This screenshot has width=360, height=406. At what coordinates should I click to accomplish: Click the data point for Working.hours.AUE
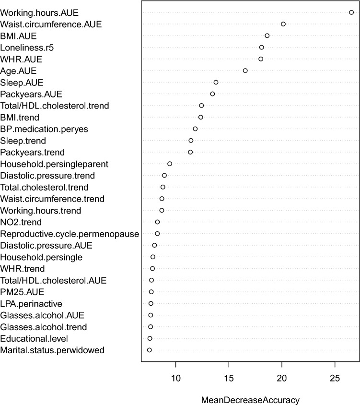coord(351,12)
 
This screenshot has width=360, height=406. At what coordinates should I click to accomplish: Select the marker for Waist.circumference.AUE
coord(283,24)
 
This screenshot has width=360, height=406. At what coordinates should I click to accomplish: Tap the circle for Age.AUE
coord(245,71)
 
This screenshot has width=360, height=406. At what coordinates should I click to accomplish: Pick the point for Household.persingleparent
coord(170,164)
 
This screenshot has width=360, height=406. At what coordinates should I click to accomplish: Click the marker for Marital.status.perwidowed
coord(150,350)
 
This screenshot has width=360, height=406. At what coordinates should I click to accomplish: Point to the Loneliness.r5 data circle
coord(262,47)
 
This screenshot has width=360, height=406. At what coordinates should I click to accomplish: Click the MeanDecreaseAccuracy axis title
coord(250,400)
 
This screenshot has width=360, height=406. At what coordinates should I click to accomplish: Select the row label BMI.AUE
coord(19,36)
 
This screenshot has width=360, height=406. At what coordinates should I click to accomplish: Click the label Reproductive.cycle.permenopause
coord(70,234)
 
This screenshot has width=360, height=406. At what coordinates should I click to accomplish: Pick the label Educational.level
coord(35,339)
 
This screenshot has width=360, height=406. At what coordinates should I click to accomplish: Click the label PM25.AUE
coord(23,292)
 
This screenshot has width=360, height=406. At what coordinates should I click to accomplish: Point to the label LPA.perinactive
coord(31,304)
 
